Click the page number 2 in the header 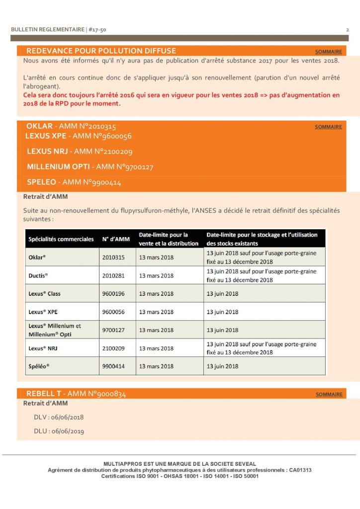(347, 30)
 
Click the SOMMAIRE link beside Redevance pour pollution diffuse (329, 52)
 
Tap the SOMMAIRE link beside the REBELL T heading (329, 394)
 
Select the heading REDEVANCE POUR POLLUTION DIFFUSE (101, 51)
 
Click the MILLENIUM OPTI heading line (90, 167)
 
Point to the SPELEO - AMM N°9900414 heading (74, 182)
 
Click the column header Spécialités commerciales (61, 239)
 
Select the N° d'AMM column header (116, 239)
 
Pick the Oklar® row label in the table (39, 257)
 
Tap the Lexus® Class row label (45, 294)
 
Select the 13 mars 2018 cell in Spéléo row (156, 366)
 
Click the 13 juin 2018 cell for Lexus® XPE (222, 312)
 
